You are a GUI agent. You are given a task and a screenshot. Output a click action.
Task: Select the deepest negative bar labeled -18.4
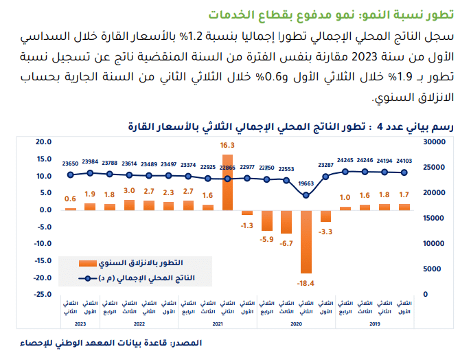(x=307, y=241)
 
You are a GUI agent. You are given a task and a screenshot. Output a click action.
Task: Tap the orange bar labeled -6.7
(x=287, y=221)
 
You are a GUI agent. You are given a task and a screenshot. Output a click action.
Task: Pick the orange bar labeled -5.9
(x=267, y=220)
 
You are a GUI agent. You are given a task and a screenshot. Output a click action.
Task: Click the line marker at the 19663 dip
(x=307, y=195)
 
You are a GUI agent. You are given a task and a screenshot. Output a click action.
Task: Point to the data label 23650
(x=70, y=164)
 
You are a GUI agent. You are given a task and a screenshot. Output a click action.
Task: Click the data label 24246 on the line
(x=366, y=161)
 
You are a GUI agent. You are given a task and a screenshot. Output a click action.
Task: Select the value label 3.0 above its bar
(x=129, y=190)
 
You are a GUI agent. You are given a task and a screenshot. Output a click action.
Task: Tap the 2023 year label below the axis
(x=80, y=323)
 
